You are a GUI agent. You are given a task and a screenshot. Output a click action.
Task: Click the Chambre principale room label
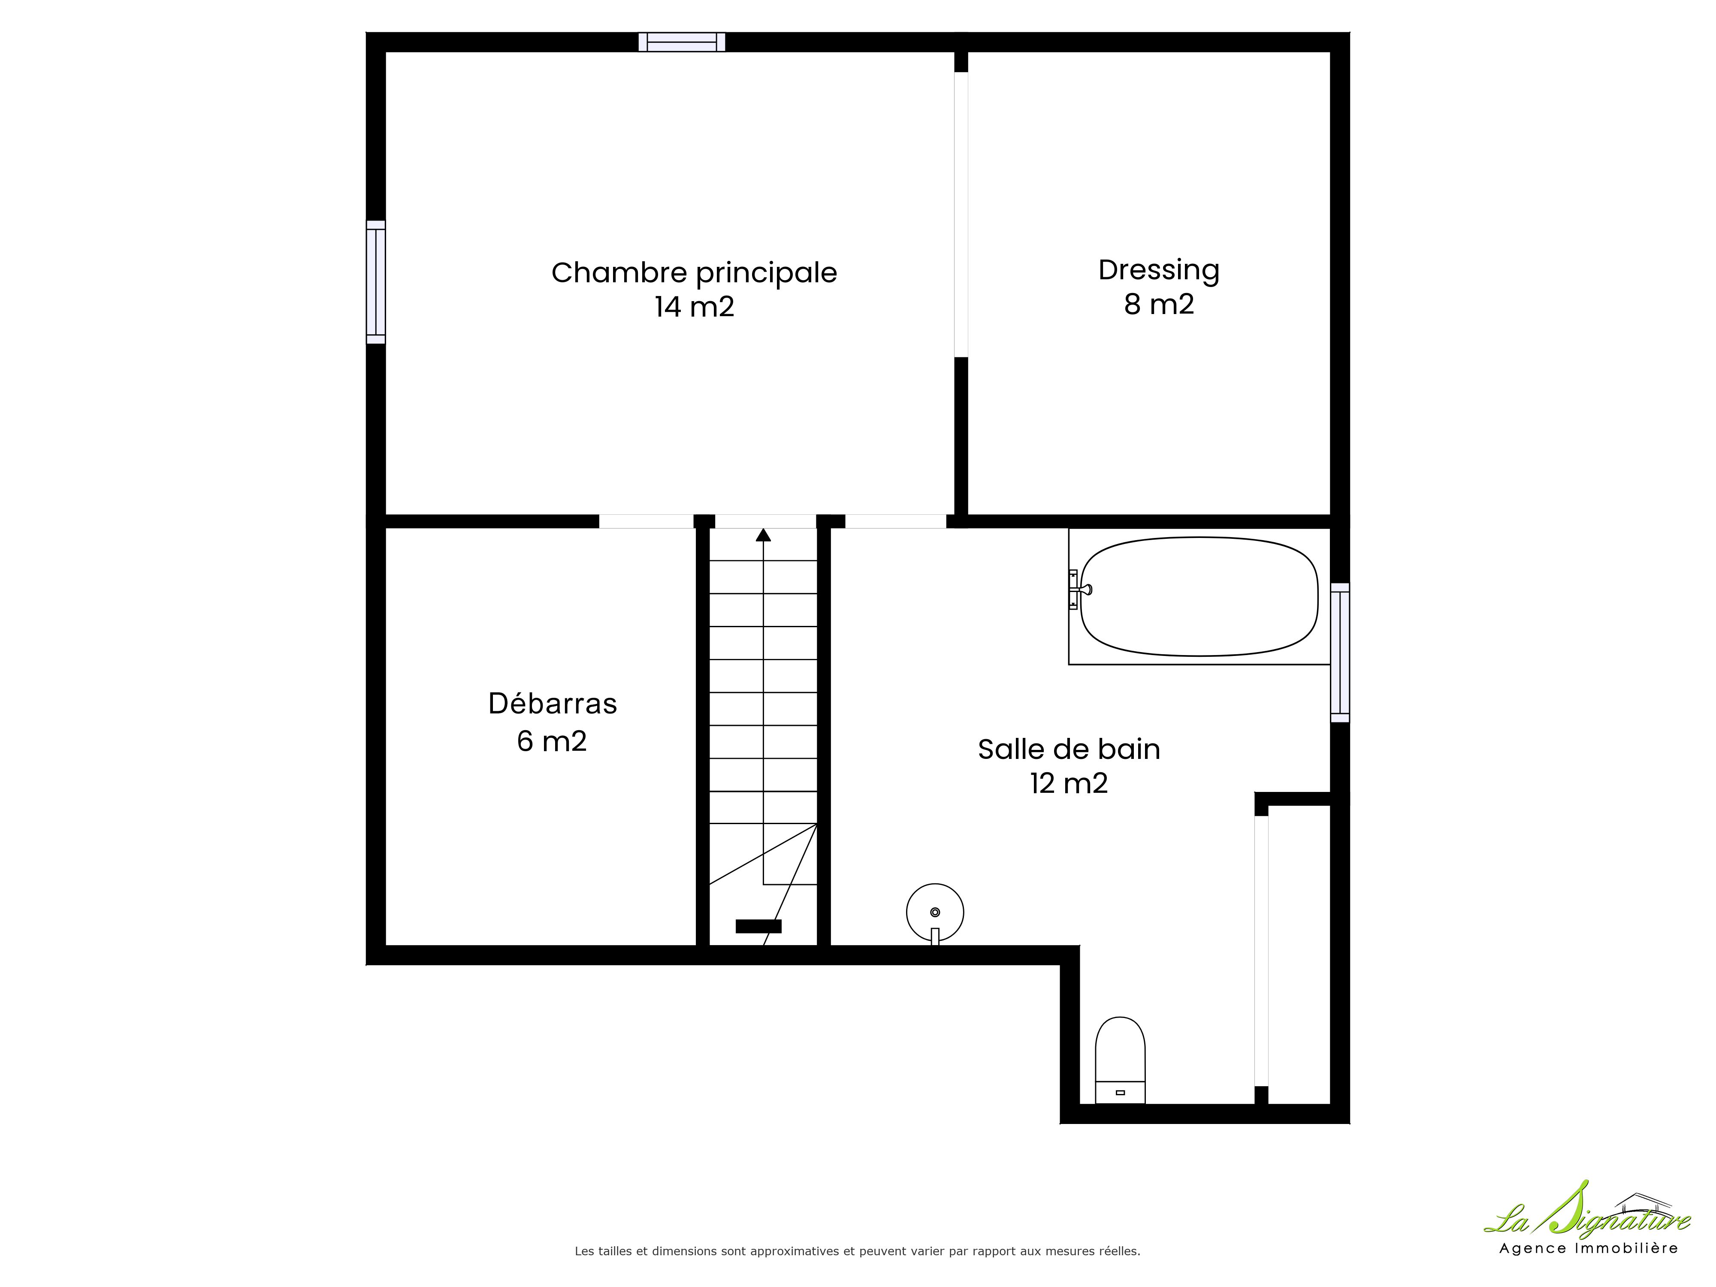pos(694,273)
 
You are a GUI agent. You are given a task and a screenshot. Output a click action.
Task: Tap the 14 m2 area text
pos(694,307)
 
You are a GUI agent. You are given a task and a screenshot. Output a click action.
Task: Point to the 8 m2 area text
pos(1159,304)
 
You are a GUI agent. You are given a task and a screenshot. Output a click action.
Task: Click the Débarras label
pos(553,704)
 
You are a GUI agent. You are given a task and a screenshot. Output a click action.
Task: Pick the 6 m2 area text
pos(552,741)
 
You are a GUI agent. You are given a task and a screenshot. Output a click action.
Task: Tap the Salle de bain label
pos(1069,749)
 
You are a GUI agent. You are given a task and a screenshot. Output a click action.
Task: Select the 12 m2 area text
pos(1069,783)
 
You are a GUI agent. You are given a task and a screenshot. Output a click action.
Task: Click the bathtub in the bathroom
pos(1199,597)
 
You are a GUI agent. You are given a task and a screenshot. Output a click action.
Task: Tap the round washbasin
pos(935,913)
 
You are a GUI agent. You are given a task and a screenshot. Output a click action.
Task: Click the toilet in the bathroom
pos(1120,1060)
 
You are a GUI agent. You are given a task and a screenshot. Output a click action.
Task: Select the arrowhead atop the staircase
pos(763,535)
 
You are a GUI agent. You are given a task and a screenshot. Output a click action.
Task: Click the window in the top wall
pos(682,42)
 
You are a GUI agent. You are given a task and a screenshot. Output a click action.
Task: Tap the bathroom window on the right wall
pos(1340,653)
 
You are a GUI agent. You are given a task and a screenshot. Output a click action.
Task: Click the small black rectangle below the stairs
pos(759,925)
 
